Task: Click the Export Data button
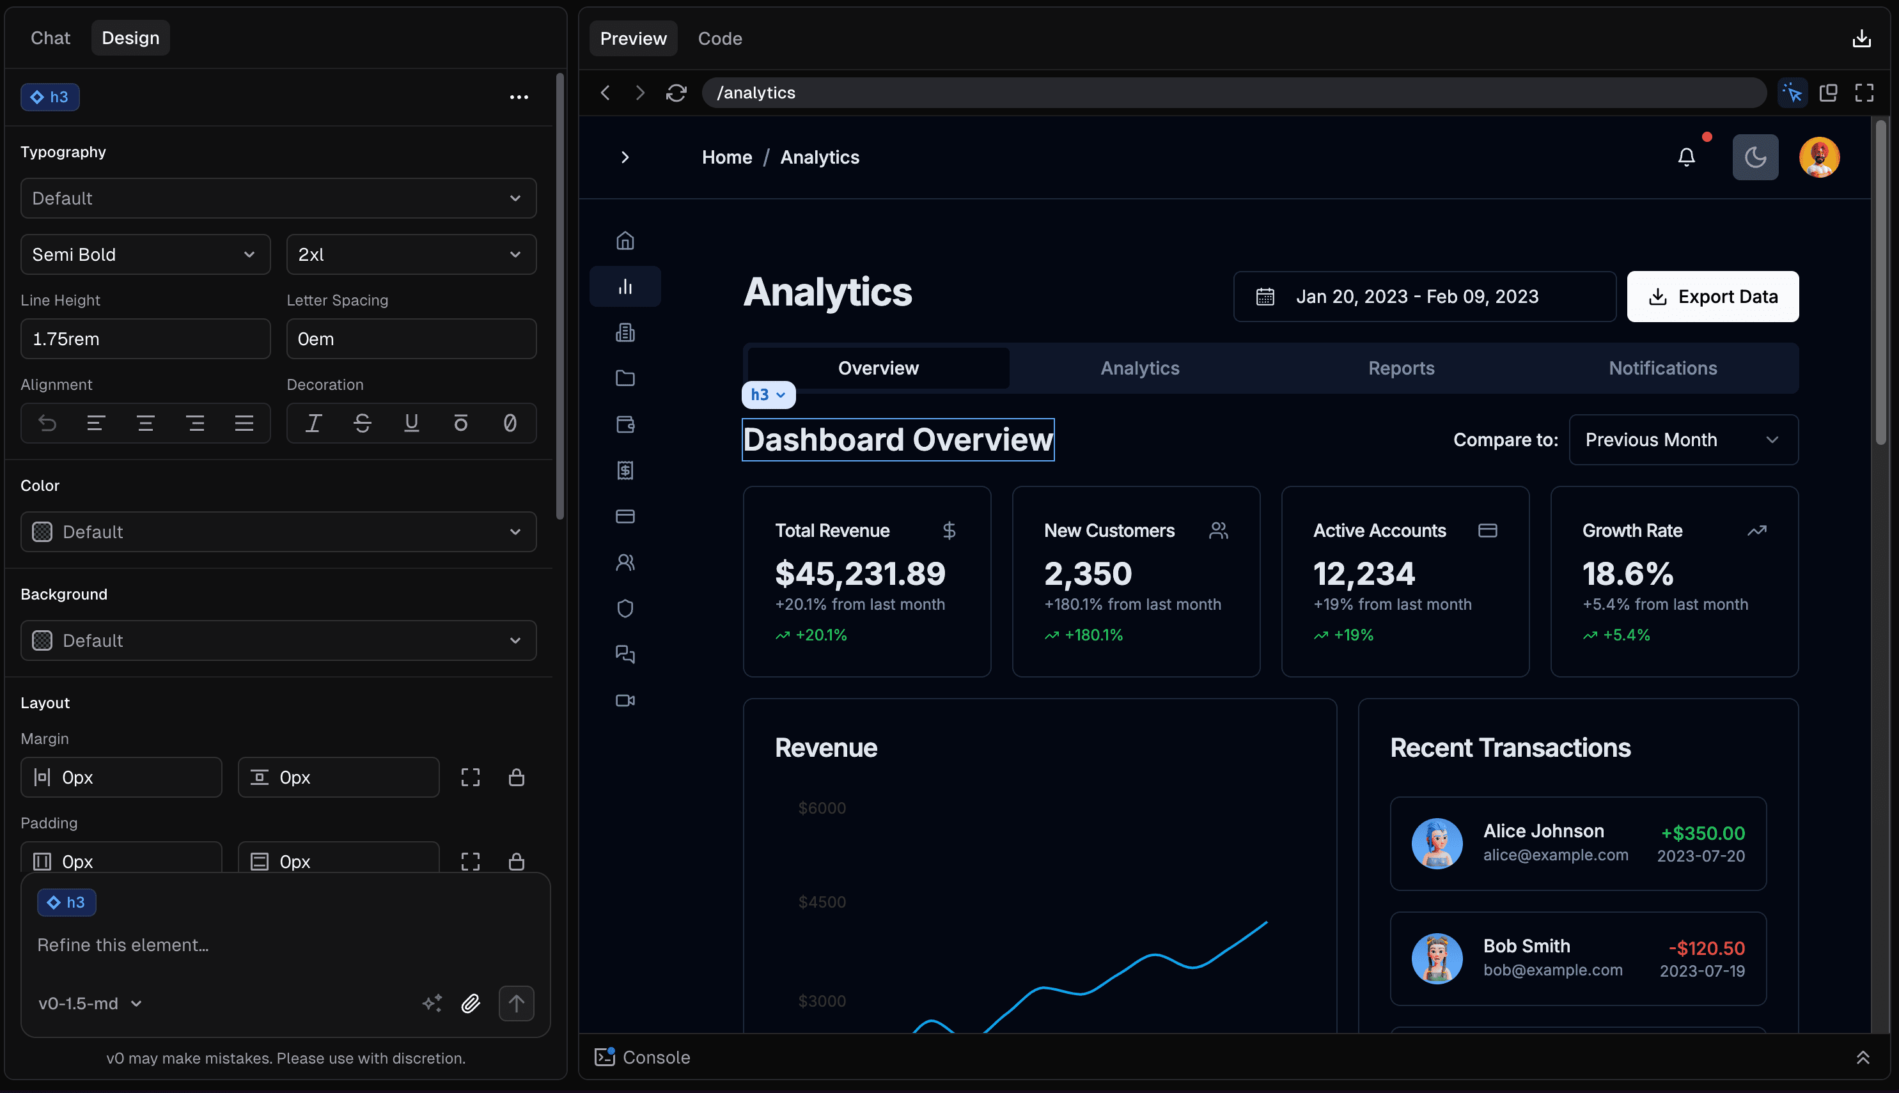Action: click(1712, 297)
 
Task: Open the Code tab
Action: click(719, 38)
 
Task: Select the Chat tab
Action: click(51, 38)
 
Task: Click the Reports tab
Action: click(1400, 368)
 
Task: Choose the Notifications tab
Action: click(1662, 368)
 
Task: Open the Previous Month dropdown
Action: click(1683, 440)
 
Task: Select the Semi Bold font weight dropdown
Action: click(145, 254)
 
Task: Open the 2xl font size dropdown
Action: click(410, 254)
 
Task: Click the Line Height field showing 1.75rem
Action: click(145, 339)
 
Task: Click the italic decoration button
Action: click(313, 423)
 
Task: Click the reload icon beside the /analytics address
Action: click(676, 92)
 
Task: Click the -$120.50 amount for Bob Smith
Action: click(1706, 948)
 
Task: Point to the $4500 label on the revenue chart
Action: click(822, 902)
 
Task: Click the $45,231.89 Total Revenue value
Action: click(860, 573)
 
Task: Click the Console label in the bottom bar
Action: click(655, 1057)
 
